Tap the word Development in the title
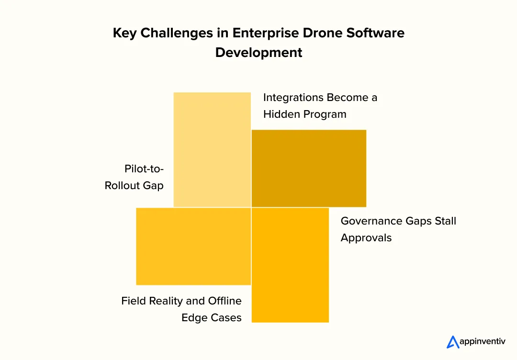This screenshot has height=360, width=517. (x=258, y=52)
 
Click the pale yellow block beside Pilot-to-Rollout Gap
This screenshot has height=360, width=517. (x=212, y=149)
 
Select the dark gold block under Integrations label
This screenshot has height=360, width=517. (x=309, y=168)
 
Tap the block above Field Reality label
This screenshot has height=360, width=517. (x=193, y=246)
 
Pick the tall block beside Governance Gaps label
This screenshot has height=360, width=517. (x=290, y=265)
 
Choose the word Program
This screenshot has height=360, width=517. (x=326, y=114)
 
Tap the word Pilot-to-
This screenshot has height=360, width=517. (x=144, y=169)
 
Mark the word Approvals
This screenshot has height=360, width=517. (x=366, y=238)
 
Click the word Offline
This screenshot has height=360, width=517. (x=225, y=301)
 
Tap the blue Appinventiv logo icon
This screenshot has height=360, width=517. (x=453, y=342)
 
